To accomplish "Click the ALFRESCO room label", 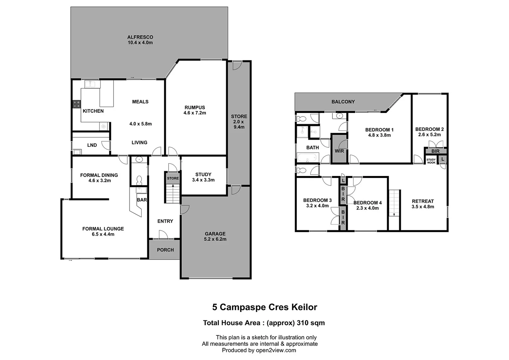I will click(x=140, y=37).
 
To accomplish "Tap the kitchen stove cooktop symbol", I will click(x=77, y=104).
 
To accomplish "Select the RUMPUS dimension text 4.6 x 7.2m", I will click(x=195, y=113).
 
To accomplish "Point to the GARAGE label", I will click(x=215, y=234).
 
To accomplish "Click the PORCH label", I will click(x=165, y=250).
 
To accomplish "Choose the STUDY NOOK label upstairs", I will click(x=431, y=161).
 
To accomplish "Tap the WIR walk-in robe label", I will click(x=339, y=151).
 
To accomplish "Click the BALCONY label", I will click(x=343, y=102).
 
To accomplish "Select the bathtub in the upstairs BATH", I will click(x=308, y=158).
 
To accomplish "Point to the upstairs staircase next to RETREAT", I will click(x=394, y=203).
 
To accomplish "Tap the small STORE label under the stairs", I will click(x=173, y=178).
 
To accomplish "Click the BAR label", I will click(x=142, y=200).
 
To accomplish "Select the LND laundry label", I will click(x=92, y=145).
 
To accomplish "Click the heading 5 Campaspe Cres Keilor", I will click(x=264, y=307).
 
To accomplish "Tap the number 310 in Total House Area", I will click(x=304, y=323).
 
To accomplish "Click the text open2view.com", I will click(x=276, y=350).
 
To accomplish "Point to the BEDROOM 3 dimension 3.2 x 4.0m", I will click(x=317, y=206).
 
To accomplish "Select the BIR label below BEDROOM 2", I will click(x=435, y=151).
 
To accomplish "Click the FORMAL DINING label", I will click(x=99, y=175).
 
